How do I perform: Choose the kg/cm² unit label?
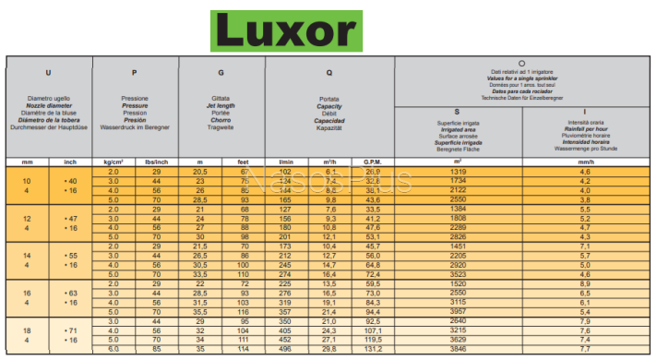coord(115,162)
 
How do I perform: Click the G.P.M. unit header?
coord(373,162)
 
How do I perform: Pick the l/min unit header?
coord(285,162)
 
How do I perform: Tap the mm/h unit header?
coord(585,162)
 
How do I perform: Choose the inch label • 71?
coord(70,330)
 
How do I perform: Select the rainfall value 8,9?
coord(585,283)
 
